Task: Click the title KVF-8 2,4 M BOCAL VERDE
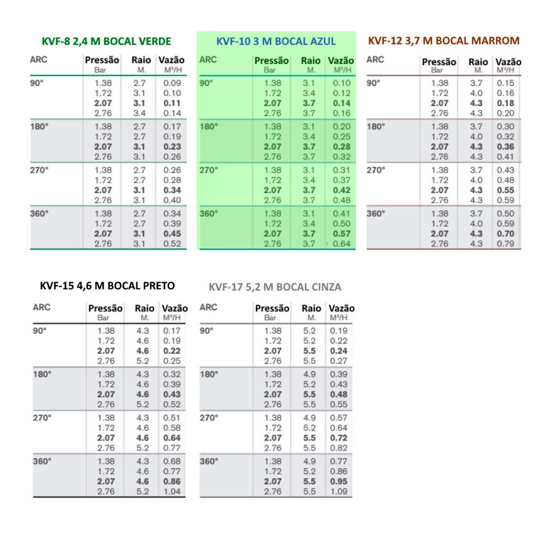[x=106, y=41]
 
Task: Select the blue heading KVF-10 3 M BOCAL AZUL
[x=276, y=41]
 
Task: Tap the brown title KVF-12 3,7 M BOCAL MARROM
[x=444, y=40]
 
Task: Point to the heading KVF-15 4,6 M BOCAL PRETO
[x=107, y=286]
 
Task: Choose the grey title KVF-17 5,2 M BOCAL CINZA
[x=275, y=287]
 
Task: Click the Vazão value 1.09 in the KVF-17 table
[x=339, y=491]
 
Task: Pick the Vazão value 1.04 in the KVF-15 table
[x=172, y=491]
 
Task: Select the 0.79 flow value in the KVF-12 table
[x=505, y=244]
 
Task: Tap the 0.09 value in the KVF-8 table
[x=172, y=83]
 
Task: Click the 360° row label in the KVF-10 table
[x=209, y=213]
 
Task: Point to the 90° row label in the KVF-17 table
[x=206, y=331]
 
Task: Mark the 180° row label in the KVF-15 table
[x=42, y=374]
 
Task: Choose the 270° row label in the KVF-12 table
[x=376, y=170]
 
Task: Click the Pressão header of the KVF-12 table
[x=439, y=62]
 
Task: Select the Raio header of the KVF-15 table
[x=144, y=308]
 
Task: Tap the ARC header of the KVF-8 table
[x=39, y=60]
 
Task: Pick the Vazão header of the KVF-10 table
[x=341, y=61]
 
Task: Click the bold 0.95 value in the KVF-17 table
[x=339, y=481]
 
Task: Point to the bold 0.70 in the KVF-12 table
[x=505, y=234]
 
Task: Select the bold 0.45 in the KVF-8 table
[x=172, y=234]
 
